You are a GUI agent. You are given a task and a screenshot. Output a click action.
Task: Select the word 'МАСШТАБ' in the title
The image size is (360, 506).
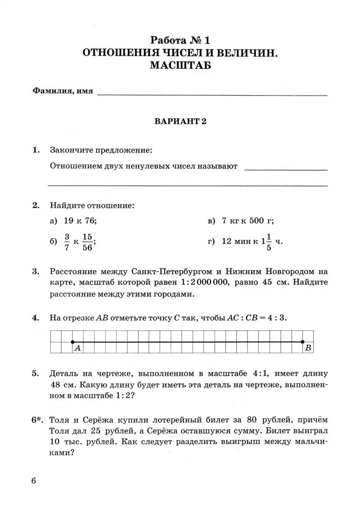(180, 66)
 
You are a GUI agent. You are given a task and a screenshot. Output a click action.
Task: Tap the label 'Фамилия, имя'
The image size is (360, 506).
(62, 91)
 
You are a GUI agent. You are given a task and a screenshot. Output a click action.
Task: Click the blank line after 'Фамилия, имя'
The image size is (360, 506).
(212, 94)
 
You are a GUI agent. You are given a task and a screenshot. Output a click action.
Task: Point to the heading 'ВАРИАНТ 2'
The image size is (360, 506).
(180, 122)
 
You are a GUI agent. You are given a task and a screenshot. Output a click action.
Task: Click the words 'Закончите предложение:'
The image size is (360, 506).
(101, 150)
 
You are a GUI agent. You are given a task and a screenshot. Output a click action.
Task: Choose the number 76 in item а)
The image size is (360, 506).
(90, 221)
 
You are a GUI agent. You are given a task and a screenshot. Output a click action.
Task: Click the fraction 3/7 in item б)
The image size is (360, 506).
(67, 242)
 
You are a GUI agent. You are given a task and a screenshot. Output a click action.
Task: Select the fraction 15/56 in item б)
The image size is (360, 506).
(87, 242)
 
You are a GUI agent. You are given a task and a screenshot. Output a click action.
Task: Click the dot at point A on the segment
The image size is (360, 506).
(72, 342)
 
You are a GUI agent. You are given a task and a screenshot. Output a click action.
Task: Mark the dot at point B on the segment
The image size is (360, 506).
(303, 342)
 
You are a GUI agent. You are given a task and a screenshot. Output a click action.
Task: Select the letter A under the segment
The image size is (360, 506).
(77, 348)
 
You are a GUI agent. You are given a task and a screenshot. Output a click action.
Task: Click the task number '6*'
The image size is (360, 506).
(37, 419)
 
